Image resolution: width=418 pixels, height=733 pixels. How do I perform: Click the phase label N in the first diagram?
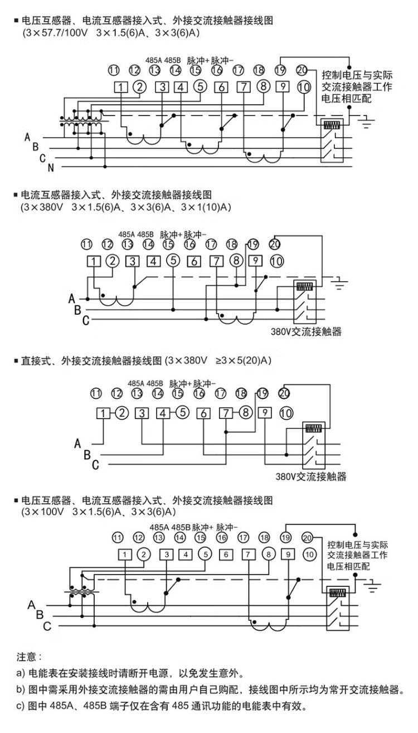tap(50, 167)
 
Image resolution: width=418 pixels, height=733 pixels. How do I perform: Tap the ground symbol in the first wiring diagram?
tap(366, 120)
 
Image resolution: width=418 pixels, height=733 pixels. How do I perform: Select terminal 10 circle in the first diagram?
tap(304, 87)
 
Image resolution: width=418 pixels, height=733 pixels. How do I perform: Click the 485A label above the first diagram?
tap(153, 59)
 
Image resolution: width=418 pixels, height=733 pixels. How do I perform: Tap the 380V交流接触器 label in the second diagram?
tap(306, 331)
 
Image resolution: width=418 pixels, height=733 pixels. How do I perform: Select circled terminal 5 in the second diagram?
tap(173, 261)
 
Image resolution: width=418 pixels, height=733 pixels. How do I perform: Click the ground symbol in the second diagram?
tap(338, 284)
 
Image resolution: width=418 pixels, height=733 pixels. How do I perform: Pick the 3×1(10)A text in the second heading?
tap(208, 208)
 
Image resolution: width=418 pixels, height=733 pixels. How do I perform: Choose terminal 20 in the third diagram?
tap(284, 394)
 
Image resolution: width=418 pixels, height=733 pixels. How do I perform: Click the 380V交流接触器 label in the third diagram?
tap(311, 477)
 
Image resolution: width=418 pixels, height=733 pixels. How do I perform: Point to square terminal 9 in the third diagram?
tap(265, 413)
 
